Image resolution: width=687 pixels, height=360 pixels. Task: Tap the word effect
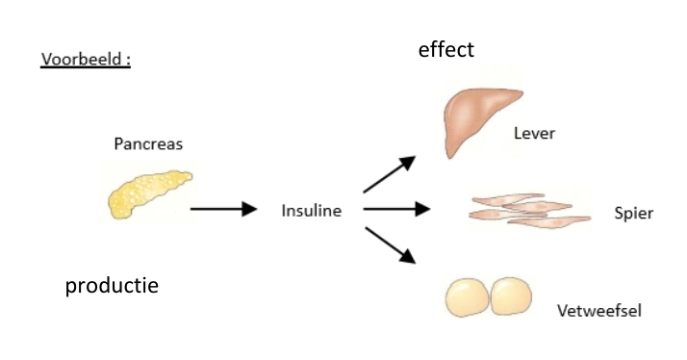445,49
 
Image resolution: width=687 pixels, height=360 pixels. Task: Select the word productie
112,285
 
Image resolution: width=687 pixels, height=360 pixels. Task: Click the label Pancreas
148,144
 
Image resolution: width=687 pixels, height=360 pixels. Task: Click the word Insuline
311,210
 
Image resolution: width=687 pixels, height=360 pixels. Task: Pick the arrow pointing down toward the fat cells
389,243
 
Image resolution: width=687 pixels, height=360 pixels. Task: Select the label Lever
534,134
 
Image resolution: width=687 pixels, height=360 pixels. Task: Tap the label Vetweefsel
598,311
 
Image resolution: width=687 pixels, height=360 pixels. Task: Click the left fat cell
469,298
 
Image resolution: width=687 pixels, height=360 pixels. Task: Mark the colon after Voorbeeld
128,60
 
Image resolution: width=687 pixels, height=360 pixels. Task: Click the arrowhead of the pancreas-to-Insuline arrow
250,209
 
